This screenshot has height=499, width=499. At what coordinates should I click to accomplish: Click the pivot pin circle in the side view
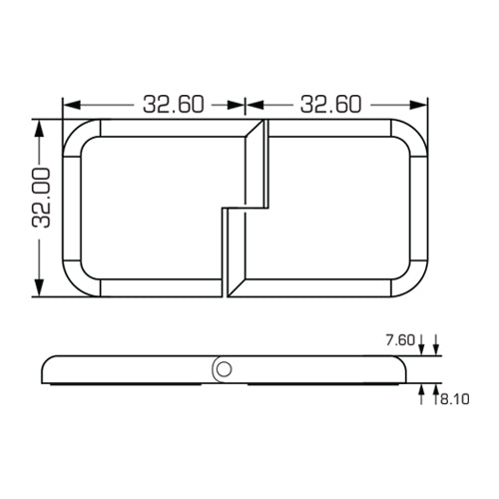coord(224,369)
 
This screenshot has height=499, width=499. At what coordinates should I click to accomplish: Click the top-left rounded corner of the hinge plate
coord(78,136)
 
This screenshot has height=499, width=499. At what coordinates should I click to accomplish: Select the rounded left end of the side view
coord(43,370)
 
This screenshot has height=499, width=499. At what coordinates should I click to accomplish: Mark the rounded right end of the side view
coord(404,370)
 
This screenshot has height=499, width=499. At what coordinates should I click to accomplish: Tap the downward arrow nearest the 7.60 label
coord(423,348)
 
